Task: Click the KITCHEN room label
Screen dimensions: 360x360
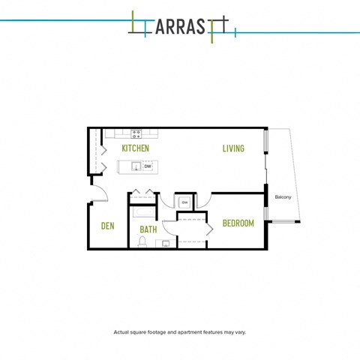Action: point(136,148)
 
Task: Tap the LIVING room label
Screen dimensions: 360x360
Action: point(233,148)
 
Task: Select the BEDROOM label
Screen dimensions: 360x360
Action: point(238,223)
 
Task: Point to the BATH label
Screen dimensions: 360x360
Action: point(148,229)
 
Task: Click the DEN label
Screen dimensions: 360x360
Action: point(107,226)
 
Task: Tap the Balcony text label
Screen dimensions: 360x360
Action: point(283,197)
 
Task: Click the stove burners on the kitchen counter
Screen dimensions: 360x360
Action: point(136,134)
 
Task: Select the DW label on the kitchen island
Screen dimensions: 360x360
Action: point(148,166)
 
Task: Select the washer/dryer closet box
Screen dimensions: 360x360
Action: point(184,202)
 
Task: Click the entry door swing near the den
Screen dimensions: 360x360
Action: point(100,193)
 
